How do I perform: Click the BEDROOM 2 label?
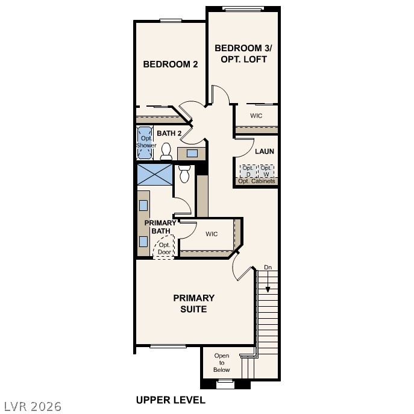(170, 64)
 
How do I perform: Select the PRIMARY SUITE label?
(193, 303)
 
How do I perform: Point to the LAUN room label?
(265, 151)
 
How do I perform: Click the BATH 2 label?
(169, 133)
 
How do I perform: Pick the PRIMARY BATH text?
(160, 227)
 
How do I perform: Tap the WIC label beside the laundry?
(257, 115)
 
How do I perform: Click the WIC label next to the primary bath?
(212, 234)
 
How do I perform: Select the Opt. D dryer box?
(246, 171)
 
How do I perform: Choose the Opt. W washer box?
(266, 171)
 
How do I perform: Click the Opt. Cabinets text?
(256, 181)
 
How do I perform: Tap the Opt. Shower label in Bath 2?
(145, 142)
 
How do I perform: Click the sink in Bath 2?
(192, 153)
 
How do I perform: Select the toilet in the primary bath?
(185, 174)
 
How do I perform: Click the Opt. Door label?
(165, 248)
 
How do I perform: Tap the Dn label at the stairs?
(268, 267)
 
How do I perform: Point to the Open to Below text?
(221, 363)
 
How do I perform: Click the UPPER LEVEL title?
(171, 400)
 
